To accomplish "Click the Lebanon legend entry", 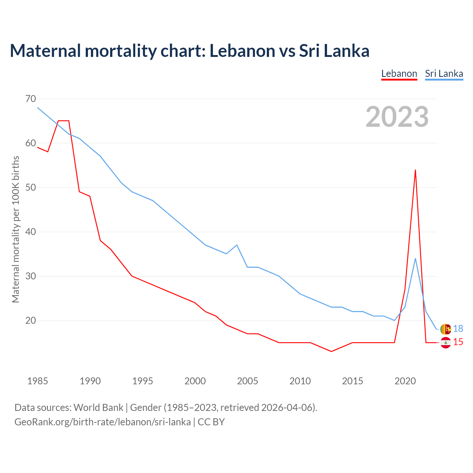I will [x=399, y=74].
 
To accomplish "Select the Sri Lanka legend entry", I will [x=444, y=74].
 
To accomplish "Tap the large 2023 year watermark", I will [x=397, y=117].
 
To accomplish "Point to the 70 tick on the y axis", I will [x=31, y=99].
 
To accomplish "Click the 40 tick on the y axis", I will [x=31, y=232].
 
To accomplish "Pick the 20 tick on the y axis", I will [x=31, y=320].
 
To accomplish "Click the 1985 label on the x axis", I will [x=38, y=381].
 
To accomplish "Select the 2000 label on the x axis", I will [x=195, y=381].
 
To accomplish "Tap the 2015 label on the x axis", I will [x=353, y=381].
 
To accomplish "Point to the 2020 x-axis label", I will [x=405, y=381].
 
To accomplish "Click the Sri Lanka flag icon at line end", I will [x=446, y=329].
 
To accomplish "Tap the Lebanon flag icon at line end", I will [x=446, y=343].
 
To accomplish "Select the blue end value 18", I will [x=458, y=329].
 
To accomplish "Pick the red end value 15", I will [x=458, y=342].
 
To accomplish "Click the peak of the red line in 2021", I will [x=415, y=170].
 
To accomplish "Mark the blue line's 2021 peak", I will [x=415, y=259].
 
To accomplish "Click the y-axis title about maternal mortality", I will [x=16, y=229].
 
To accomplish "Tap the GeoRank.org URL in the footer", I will [x=103, y=422].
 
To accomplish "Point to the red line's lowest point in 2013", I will [x=331, y=351].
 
